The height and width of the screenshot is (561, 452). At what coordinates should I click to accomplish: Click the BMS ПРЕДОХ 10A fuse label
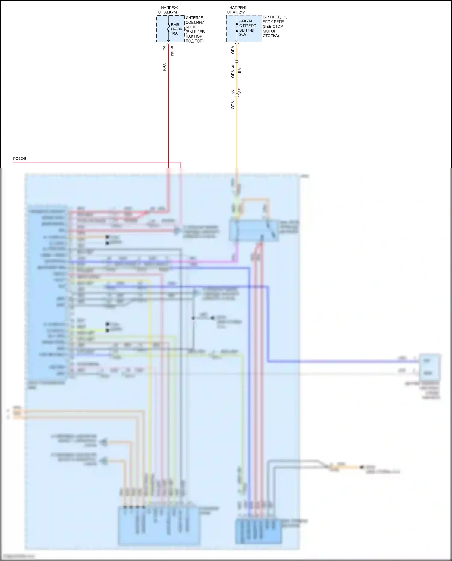(x=177, y=29)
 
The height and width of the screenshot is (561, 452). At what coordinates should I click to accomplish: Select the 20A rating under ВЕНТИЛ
(x=243, y=35)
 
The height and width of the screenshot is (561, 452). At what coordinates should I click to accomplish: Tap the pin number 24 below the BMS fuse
(x=164, y=48)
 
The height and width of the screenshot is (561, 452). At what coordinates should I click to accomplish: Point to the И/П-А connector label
(x=172, y=51)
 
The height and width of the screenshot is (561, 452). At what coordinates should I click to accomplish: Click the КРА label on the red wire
(x=165, y=67)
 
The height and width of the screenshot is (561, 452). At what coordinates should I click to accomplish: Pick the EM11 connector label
(x=240, y=68)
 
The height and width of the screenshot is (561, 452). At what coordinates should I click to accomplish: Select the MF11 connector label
(x=240, y=89)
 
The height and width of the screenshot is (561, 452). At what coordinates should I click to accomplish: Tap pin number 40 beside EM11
(x=233, y=65)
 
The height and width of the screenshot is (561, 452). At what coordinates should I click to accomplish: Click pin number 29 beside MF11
(x=233, y=91)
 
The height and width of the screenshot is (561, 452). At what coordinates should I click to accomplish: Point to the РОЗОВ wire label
(x=20, y=159)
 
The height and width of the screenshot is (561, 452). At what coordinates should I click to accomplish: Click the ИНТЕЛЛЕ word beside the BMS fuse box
(x=194, y=18)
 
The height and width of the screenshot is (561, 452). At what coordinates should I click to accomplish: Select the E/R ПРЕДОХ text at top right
(x=275, y=17)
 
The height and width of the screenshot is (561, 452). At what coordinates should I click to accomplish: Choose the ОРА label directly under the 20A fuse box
(x=233, y=50)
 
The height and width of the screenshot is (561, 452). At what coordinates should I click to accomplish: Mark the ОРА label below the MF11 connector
(x=233, y=105)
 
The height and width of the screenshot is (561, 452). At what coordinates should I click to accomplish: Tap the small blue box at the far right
(x=430, y=367)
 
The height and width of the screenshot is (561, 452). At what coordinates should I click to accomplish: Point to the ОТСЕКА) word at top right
(x=271, y=36)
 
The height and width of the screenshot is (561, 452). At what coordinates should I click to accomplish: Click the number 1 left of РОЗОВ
(x=8, y=162)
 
